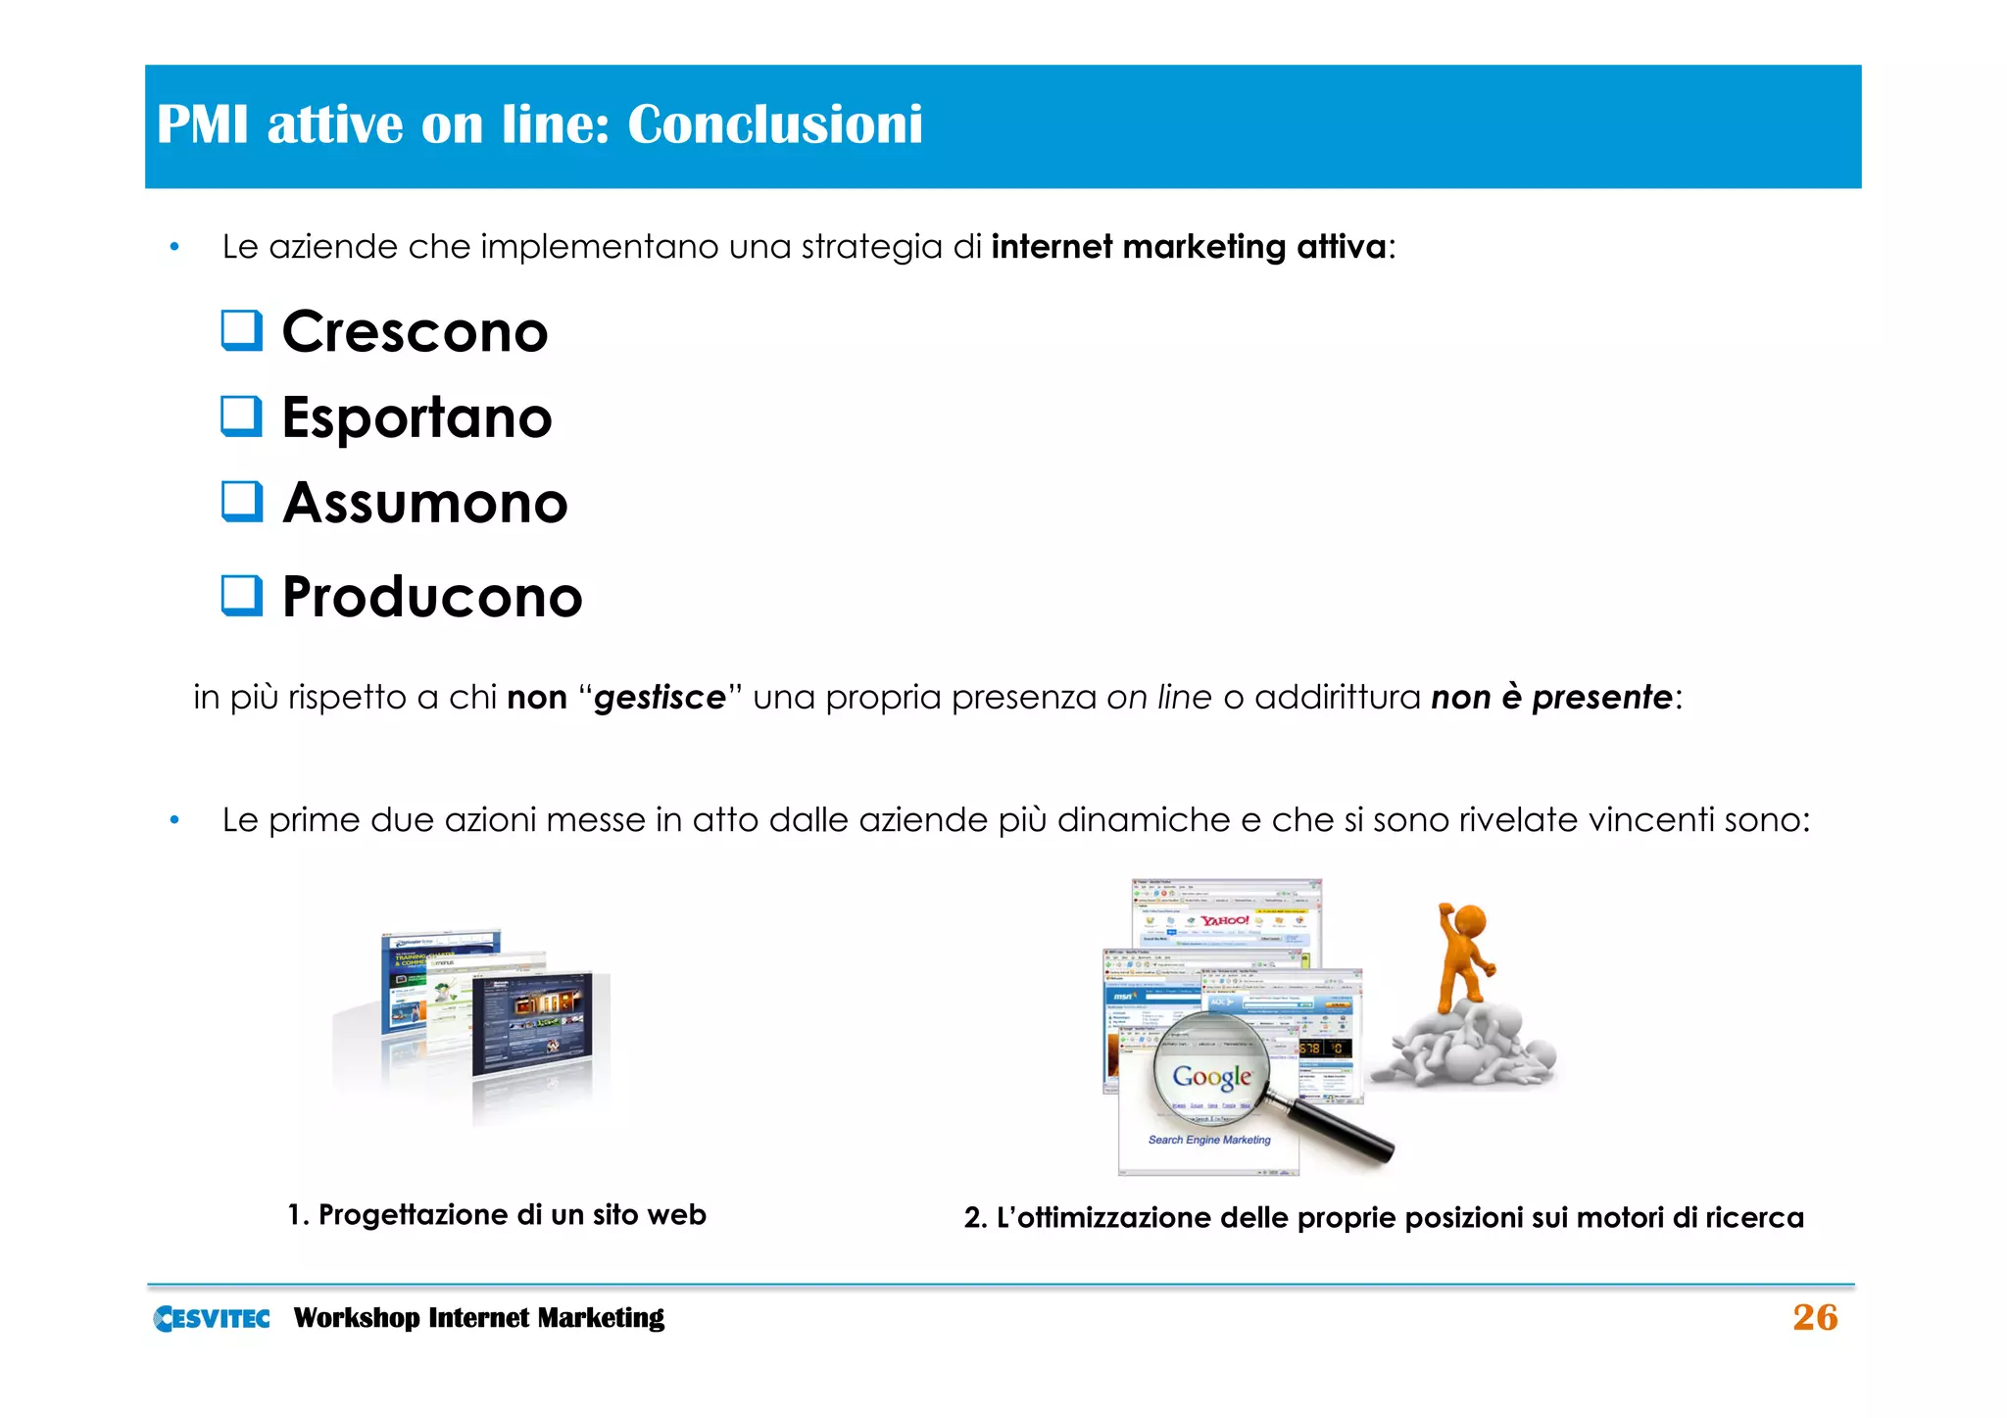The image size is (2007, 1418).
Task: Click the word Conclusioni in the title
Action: (774, 124)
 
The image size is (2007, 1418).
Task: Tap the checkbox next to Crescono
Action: (241, 330)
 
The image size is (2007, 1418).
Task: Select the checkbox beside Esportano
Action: (241, 416)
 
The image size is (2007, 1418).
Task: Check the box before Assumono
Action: (241, 501)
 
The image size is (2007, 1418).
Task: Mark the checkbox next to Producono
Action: (241, 595)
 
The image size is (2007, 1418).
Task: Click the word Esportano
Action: (416, 417)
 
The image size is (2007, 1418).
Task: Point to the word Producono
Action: (432, 597)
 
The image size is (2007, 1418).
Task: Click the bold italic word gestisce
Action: (660, 698)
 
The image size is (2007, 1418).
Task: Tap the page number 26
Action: (1815, 1317)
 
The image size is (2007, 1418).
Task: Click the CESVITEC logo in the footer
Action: (212, 1318)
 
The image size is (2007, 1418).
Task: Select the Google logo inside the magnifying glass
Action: (1212, 1077)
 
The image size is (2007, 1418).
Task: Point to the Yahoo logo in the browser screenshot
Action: (1225, 920)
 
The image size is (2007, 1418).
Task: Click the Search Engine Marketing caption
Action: (1209, 1140)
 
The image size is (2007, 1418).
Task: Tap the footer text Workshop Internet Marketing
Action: (478, 1318)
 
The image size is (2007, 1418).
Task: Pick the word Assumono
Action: (425, 504)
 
